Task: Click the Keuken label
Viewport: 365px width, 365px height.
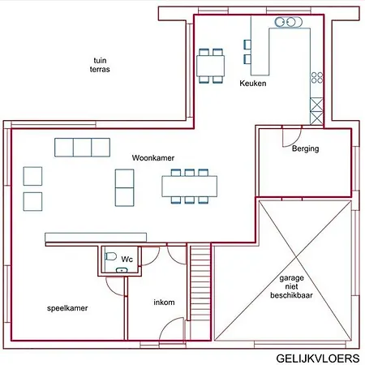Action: point(253,84)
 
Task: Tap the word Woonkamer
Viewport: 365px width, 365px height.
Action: point(153,158)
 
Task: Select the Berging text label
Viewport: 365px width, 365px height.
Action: point(305,149)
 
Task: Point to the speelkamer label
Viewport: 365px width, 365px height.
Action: point(67,308)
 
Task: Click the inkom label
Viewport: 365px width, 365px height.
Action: point(165,303)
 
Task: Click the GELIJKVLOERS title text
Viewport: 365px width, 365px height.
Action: point(317,357)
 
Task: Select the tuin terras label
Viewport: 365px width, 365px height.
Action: point(101,65)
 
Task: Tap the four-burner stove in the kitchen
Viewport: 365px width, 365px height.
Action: point(316,79)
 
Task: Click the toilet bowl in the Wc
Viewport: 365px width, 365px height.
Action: point(111,255)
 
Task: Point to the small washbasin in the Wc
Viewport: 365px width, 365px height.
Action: point(122,268)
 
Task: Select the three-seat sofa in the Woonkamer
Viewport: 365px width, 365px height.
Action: point(82,147)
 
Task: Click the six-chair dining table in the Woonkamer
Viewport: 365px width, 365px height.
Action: point(191,187)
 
